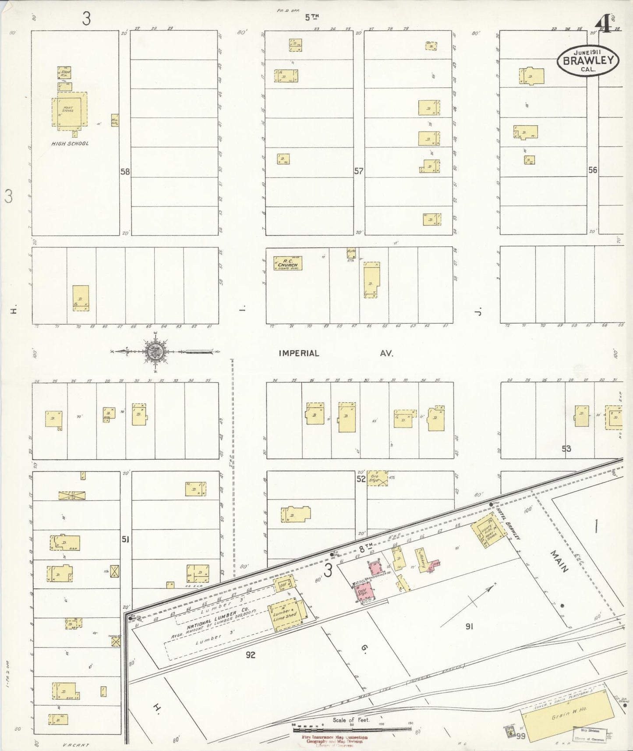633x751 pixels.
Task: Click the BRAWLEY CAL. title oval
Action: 587,61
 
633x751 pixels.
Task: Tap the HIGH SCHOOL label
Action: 70,144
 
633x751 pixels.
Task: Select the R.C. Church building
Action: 288,263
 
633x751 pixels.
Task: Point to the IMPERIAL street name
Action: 299,353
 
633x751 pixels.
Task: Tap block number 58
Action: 125,172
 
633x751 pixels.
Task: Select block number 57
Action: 359,171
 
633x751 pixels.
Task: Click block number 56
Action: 593,170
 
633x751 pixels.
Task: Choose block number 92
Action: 250,655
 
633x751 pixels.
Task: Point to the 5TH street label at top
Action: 311,17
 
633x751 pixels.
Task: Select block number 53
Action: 566,448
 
